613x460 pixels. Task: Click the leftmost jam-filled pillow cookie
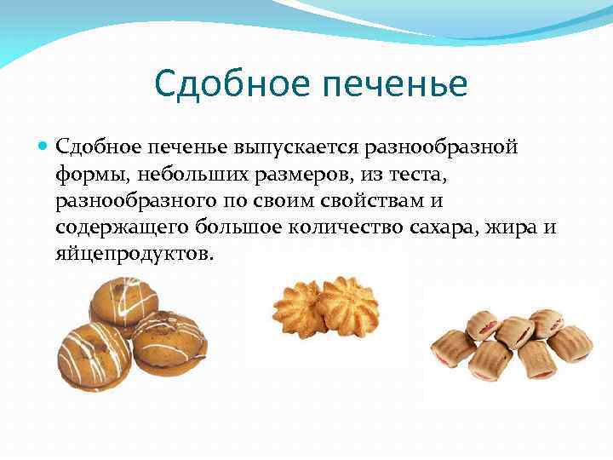click(x=453, y=349)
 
